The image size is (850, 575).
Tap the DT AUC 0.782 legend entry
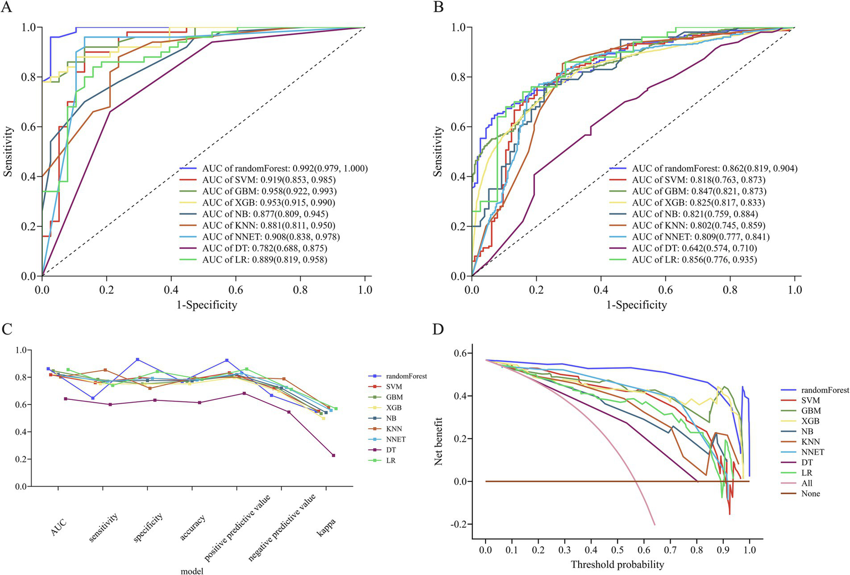(x=264, y=248)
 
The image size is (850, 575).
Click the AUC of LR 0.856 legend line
(x=694, y=260)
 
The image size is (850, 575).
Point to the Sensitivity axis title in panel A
(x=8, y=151)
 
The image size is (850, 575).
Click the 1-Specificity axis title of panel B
(x=636, y=305)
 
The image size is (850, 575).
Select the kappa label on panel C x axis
(x=326, y=522)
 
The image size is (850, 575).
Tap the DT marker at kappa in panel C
(x=333, y=455)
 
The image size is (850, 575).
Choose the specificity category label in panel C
(x=148, y=527)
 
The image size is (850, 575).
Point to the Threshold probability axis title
(x=617, y=564)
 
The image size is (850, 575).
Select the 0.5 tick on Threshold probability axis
(x=617, y=550)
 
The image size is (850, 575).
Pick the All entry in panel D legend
(x=807, y=484)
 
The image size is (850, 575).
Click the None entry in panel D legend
(x=810, y=494)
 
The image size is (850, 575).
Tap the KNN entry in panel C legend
(x=394, y=429)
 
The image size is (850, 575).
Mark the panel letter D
(x=438, y=330)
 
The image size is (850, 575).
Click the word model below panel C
(x=192, y=571)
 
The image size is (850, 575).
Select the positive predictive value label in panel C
(x=238, y=528)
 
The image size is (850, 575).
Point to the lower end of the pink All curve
(x=655, y=524)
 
